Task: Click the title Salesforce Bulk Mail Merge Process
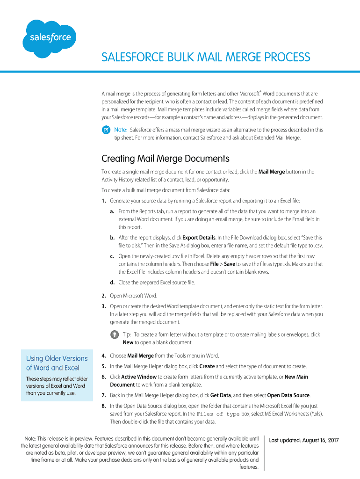tap(206, 57)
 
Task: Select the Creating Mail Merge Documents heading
tap(165, 159)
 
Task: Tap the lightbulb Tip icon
tap(114, 335)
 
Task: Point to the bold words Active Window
tap(139, 377)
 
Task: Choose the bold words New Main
tap(296, 377)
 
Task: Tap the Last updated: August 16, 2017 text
tap(303, 440)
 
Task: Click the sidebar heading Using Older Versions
tap(57, 358)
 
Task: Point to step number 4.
tap(103, 356)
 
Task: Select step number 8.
tap(103, 406)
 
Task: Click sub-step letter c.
tap(112, 256)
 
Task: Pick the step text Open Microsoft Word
tap(133, 296)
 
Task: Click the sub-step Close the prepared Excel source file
tap(157, 283)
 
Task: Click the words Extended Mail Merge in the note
tap(275, 138)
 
